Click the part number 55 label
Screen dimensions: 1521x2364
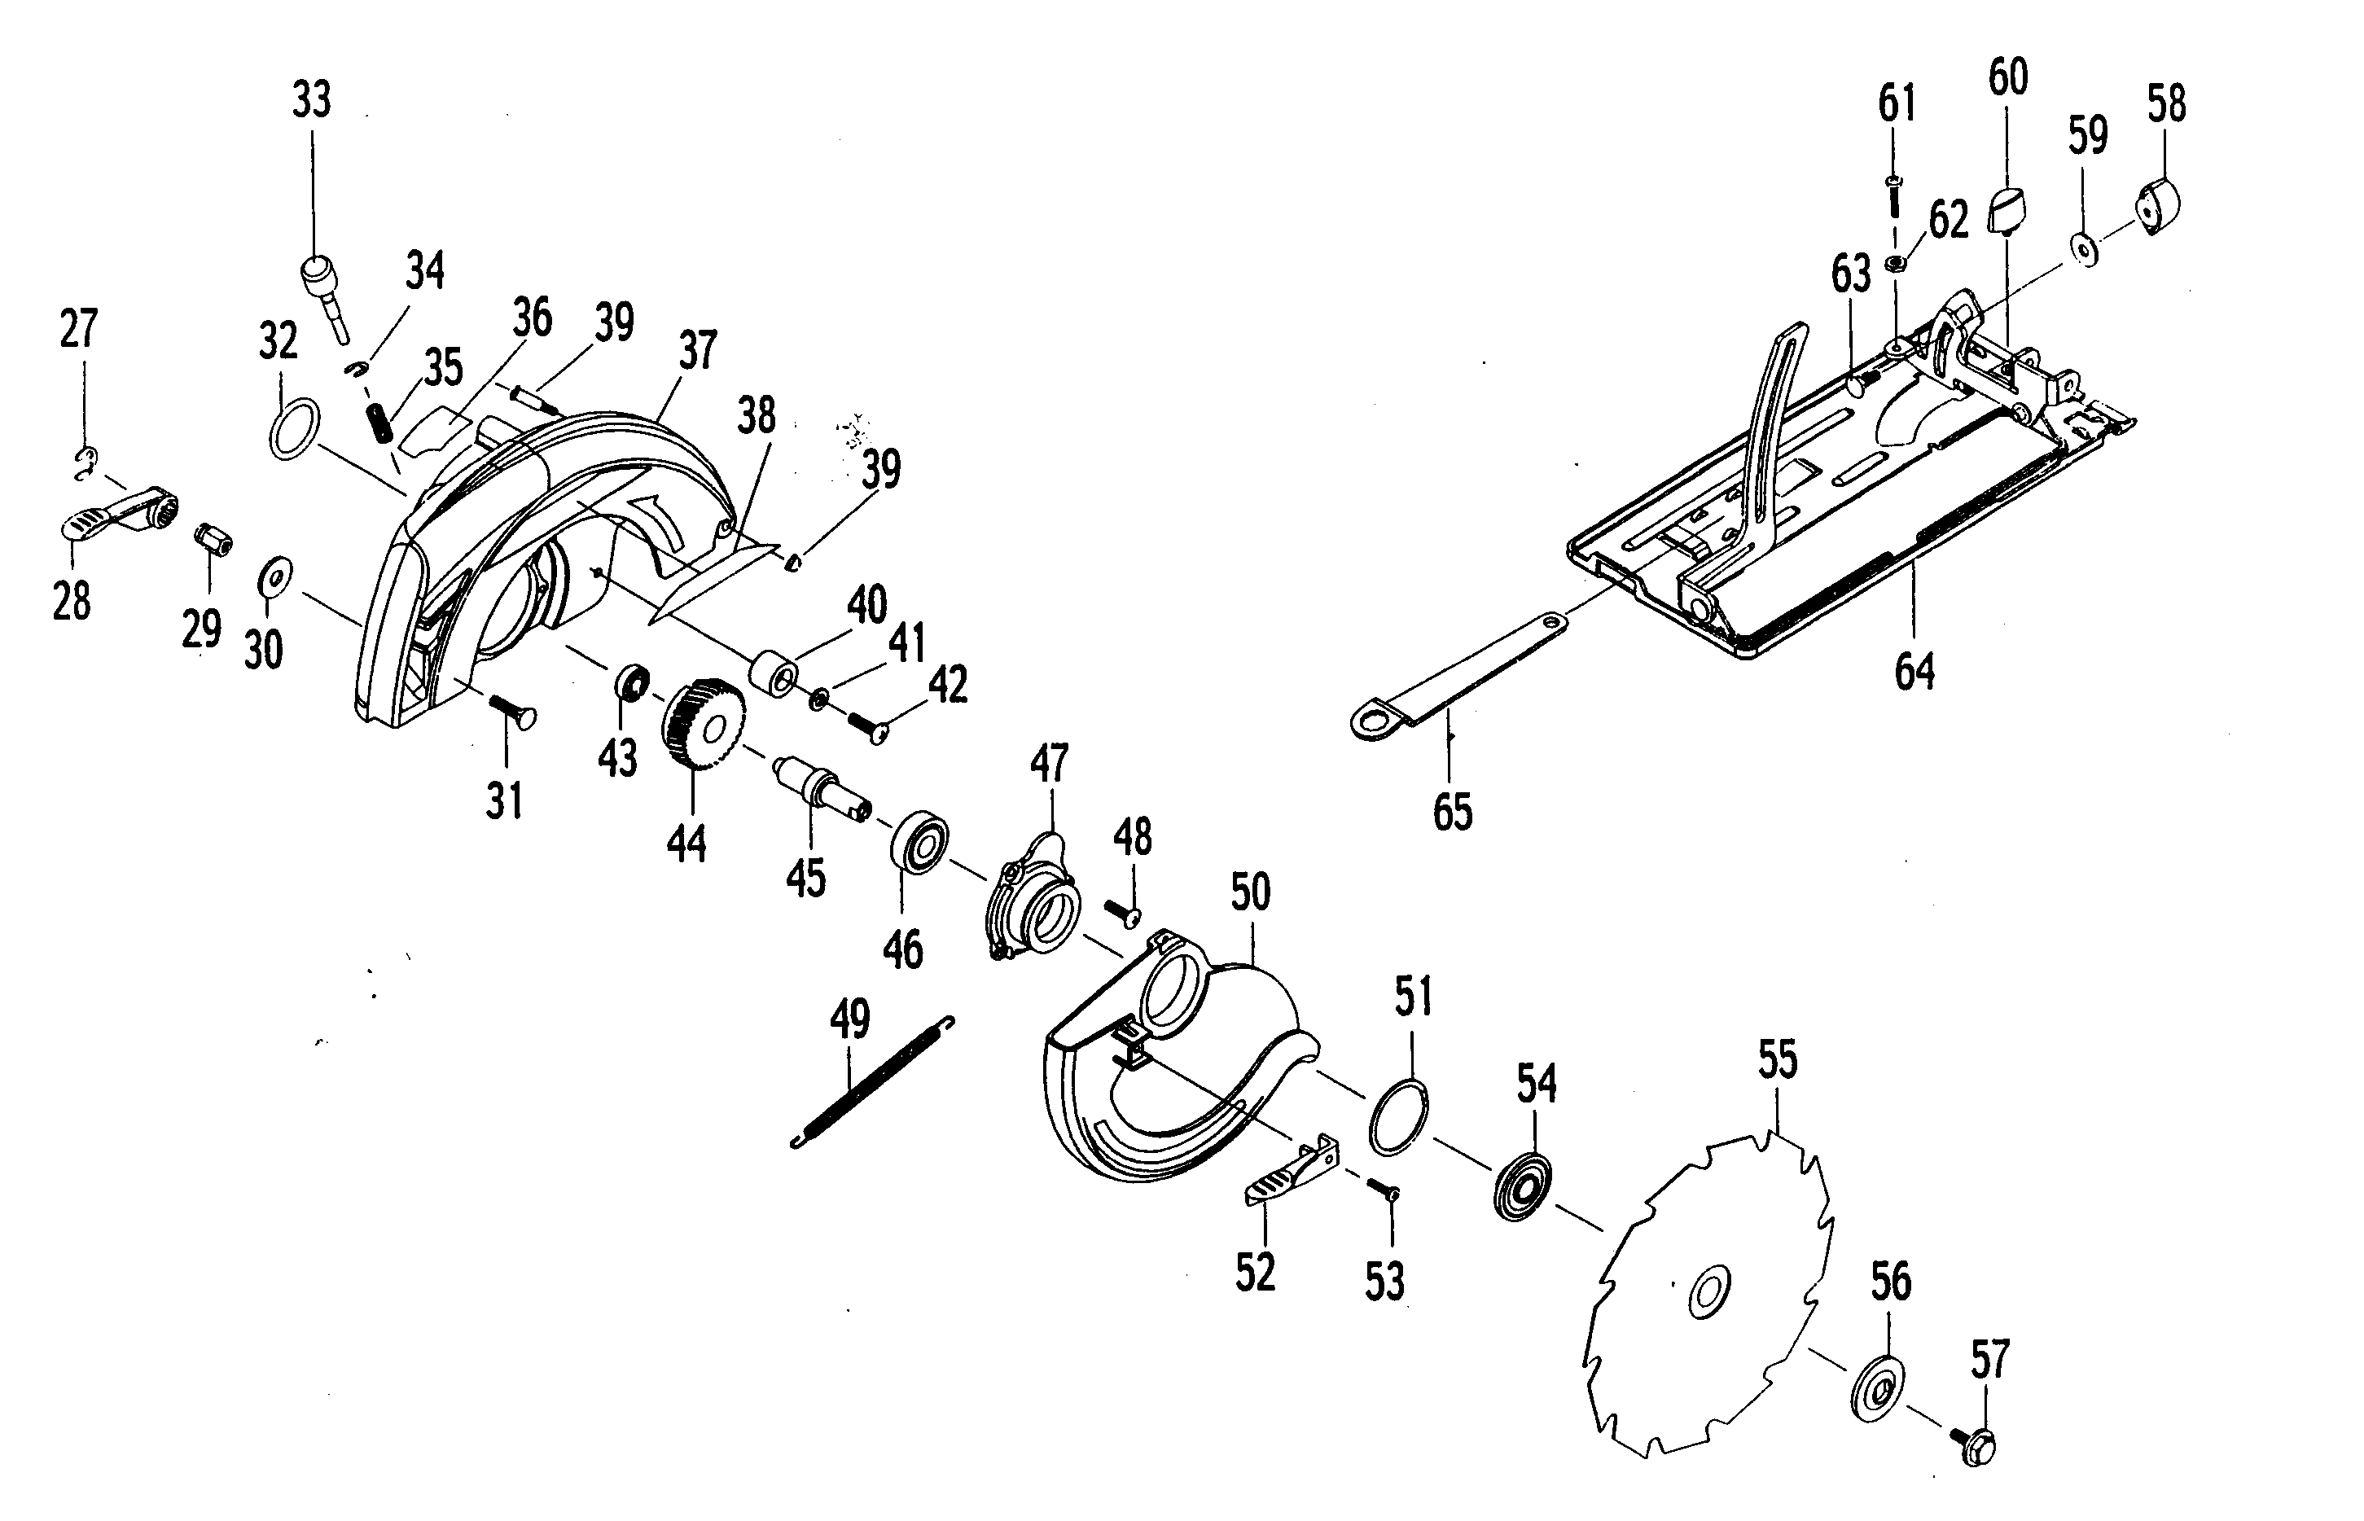point(1778,1060)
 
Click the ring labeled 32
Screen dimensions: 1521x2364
point(294,428)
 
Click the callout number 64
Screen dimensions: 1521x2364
point(1914,672)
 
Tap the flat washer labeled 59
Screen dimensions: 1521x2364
point(2081,249)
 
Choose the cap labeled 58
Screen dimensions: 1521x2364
point(2160,204)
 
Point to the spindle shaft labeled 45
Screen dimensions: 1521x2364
point(822,787)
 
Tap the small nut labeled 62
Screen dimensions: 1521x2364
point(1895,263)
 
